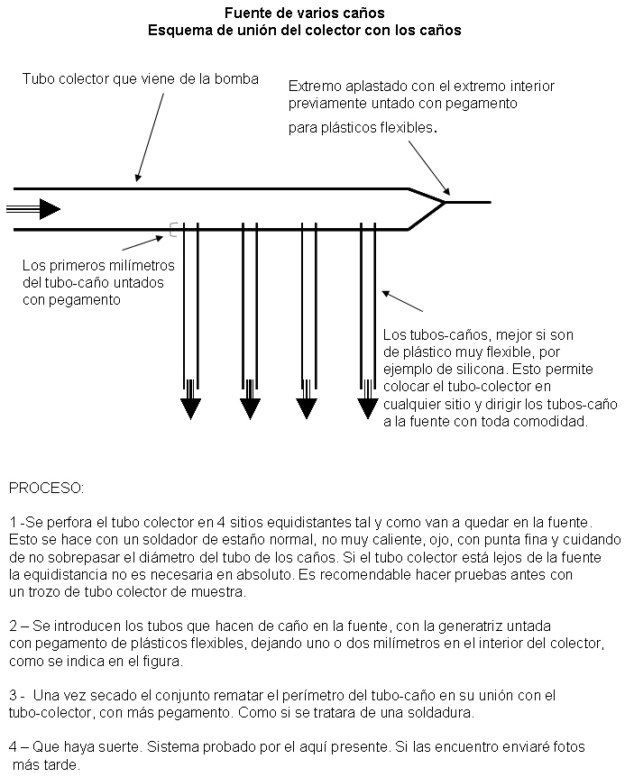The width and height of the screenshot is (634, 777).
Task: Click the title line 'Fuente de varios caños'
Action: point(304,13)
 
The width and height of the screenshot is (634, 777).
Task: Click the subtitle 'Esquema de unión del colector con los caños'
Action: point(304,29)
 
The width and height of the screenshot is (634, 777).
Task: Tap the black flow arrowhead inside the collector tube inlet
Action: point(50,210)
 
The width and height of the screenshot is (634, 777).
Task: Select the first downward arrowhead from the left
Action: point(190,408)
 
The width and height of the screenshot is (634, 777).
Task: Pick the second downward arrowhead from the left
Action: point(250,408)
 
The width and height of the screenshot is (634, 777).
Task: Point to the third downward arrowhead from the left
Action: point(308,408)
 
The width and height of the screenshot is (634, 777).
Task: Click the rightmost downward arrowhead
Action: point(367,408)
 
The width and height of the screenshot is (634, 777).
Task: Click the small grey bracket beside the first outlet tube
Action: point(171,231)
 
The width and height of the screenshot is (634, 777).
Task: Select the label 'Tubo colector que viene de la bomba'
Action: point(140,79)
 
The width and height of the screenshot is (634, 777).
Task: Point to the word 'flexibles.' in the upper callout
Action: point(409,128)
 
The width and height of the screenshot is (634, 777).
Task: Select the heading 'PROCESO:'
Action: point(46,488)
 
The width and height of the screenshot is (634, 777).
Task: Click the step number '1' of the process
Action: point(13,522)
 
